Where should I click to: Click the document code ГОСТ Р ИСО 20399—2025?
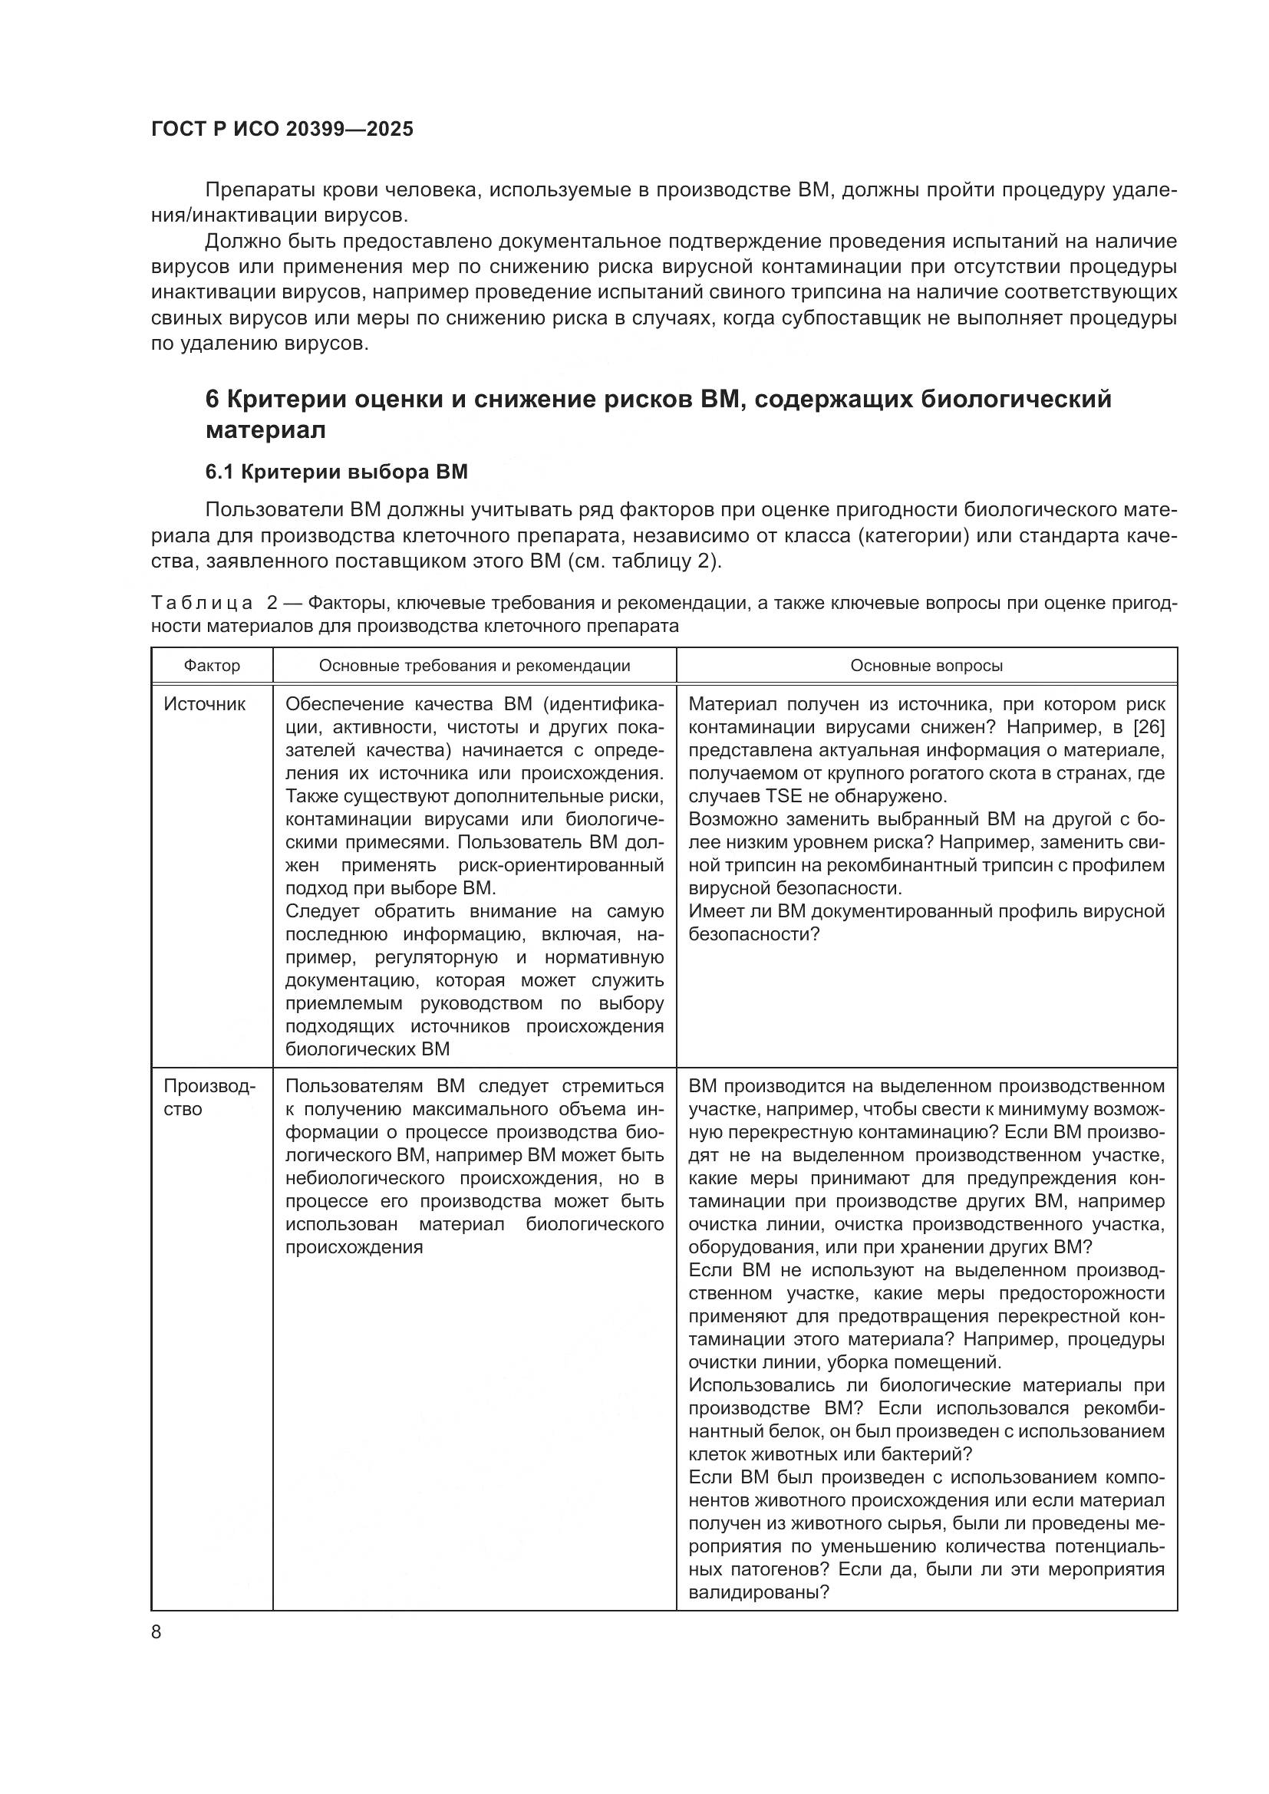tap(282, 130)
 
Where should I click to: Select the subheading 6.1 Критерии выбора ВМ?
tap(336, 472)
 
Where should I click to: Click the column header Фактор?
tap(212, 666)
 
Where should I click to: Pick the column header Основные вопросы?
tap(926, 666)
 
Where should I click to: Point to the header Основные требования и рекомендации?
tap(474, 666)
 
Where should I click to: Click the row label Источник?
tap(205, 704)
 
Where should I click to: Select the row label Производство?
tap(209, 1098)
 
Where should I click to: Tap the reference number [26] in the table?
tap(1148, 727)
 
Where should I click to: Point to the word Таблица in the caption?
tap(203, 603)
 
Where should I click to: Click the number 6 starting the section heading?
tap(212, 400)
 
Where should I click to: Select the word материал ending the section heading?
tap(265, 430)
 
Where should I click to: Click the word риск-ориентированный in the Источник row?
tap(561, 866)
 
